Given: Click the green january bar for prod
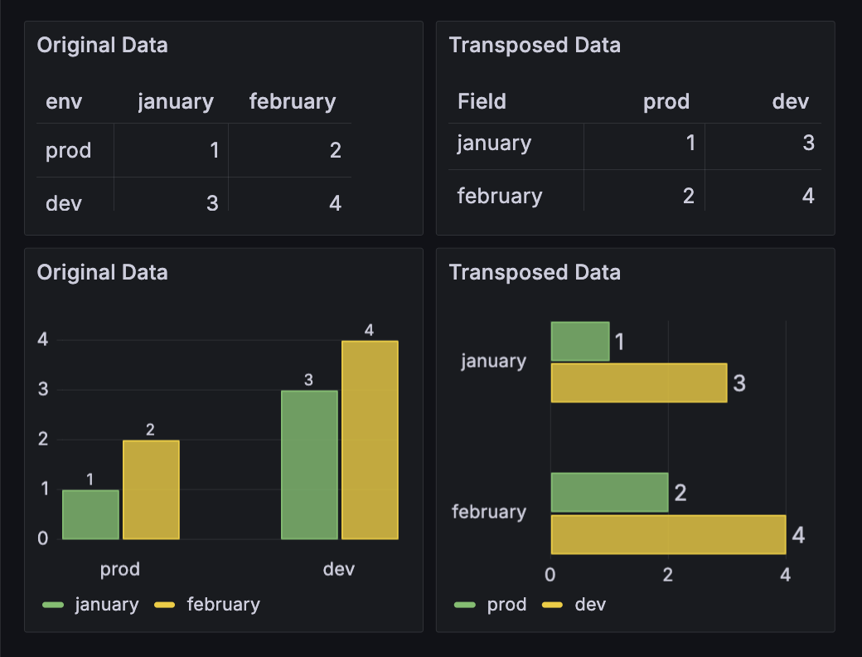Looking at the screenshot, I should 90,514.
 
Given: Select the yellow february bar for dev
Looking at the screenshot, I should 370,440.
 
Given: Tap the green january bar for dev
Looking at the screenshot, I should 309,465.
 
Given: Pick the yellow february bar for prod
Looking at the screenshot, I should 151,489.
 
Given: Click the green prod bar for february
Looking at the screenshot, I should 609,493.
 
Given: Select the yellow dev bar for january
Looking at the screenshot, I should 638,383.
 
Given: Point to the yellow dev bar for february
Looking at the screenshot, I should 668,535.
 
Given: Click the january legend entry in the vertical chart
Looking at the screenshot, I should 106,605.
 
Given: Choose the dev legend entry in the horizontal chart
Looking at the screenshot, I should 589,605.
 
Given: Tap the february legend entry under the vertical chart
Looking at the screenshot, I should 223,605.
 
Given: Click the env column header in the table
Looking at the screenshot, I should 64,102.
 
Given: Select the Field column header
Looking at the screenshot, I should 482,102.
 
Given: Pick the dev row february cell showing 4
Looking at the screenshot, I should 335,203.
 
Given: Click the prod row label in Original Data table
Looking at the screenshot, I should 68,151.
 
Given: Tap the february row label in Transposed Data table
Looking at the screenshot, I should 499,197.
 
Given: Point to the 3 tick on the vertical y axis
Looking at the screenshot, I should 43,389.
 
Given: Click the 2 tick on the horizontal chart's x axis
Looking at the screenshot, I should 668,574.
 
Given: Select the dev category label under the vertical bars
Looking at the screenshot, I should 339,569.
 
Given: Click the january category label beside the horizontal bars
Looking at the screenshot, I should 494,362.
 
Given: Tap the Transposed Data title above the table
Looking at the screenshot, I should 535,45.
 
